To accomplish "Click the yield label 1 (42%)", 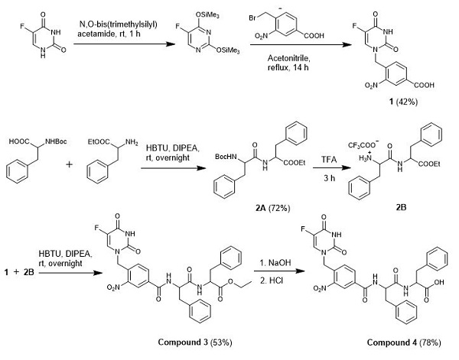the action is (403, 102).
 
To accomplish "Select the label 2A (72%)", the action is (272, 208).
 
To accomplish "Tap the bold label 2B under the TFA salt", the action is (401, 208).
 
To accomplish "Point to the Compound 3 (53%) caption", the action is (195, 342).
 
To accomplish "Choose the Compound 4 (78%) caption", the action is (404, 342).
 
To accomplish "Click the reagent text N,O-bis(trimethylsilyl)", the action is (119, 24).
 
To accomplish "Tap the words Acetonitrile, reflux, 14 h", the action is (288, 63).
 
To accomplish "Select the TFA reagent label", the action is (329, 160).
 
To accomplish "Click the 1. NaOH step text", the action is (275, 263).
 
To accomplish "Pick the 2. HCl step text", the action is (272, 281).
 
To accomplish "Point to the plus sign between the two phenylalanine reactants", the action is (69, 164).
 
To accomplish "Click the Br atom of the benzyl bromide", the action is (252, 18).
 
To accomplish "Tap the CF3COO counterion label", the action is (363, 144).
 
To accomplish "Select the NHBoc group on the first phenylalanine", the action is (56, 141).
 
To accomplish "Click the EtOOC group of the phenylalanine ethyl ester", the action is (99, 142).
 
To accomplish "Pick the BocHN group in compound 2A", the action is (226, 157).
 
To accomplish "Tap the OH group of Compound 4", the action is (439, 283).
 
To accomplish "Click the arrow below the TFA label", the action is (332, 168).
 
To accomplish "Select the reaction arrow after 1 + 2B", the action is (70, 273).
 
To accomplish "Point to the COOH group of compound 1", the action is (424, 86).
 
